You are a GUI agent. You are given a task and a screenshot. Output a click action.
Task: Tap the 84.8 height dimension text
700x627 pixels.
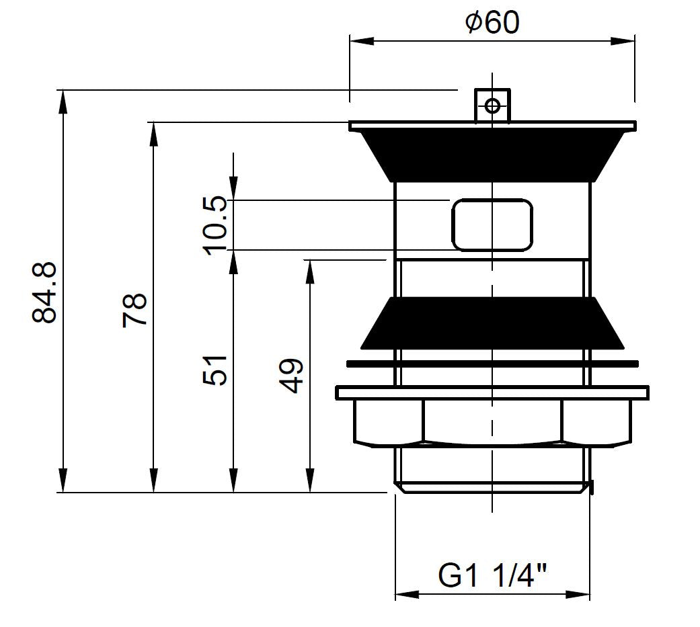coord(44,292)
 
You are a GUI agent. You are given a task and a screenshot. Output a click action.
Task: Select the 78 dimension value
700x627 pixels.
coord(134,310)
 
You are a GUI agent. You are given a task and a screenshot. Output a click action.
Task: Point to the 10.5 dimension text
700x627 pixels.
coord(215,226)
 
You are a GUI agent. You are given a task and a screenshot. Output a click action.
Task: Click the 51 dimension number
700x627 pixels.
coord(215,370)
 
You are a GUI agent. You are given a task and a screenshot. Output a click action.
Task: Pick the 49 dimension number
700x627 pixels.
coord(291,376)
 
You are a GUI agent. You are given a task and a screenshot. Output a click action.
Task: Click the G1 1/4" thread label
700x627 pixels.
coord(492,576)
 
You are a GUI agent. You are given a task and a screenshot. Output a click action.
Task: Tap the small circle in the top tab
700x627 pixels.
coord(492,106)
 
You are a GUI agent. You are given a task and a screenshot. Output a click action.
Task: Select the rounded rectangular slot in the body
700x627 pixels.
coord(492,225)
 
